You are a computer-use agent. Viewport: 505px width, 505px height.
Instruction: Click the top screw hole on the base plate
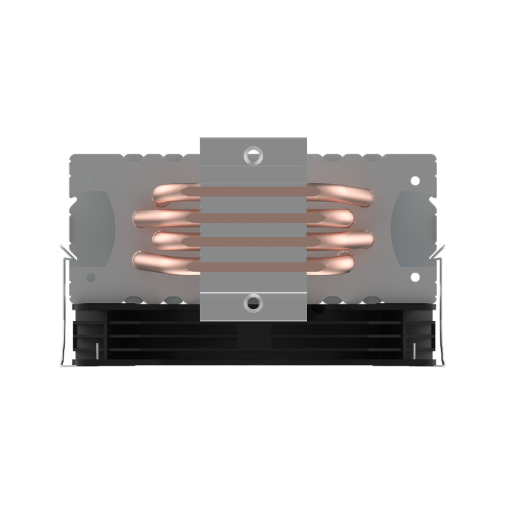click(253, 154)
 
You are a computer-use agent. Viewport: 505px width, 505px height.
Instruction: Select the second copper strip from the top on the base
click(253, 217)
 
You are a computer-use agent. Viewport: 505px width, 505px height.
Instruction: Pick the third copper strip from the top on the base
click(253, 240)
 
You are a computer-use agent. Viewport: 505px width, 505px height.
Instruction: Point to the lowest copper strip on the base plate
click(253, 261)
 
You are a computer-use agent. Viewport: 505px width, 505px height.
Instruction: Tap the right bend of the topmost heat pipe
click(364, 196)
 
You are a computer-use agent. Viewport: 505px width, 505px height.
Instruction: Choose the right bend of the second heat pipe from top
click(347, 217)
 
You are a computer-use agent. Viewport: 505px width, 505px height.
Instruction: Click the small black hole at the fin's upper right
click(415, 180)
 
